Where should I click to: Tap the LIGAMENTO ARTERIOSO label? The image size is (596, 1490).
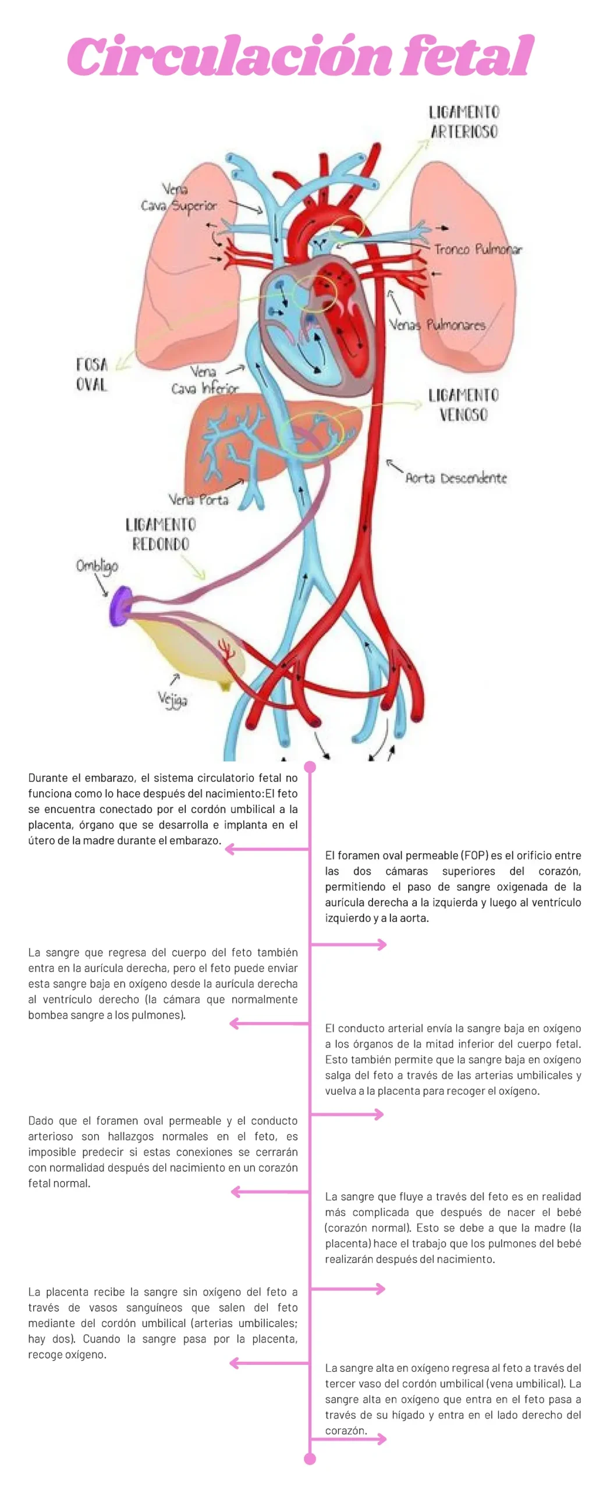coord(464,122)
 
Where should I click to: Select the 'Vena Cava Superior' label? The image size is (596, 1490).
coord(179,198)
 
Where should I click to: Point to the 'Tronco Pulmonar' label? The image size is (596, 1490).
coord(478,250)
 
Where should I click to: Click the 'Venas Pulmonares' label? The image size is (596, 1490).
coord(437,324)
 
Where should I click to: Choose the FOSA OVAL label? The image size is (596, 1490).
coord(92,374)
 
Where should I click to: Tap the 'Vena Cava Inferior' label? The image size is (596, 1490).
coord(204,380)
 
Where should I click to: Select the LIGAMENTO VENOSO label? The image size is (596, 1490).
coord(463,405)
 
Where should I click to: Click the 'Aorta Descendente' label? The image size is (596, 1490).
coord(456,478)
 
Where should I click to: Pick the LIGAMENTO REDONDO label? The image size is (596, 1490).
coord(160,534)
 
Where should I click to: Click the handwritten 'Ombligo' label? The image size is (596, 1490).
coord(97,565)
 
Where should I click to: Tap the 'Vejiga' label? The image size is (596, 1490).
coord(172,698)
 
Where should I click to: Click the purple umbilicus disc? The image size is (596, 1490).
coord(120,606)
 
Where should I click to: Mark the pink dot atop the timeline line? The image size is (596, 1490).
coord(310,767)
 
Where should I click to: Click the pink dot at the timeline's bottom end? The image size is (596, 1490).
coord(310,1459)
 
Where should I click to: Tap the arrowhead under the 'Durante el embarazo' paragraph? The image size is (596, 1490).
coord(229,849)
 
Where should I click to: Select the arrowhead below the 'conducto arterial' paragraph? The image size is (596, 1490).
coord(379,1114)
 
